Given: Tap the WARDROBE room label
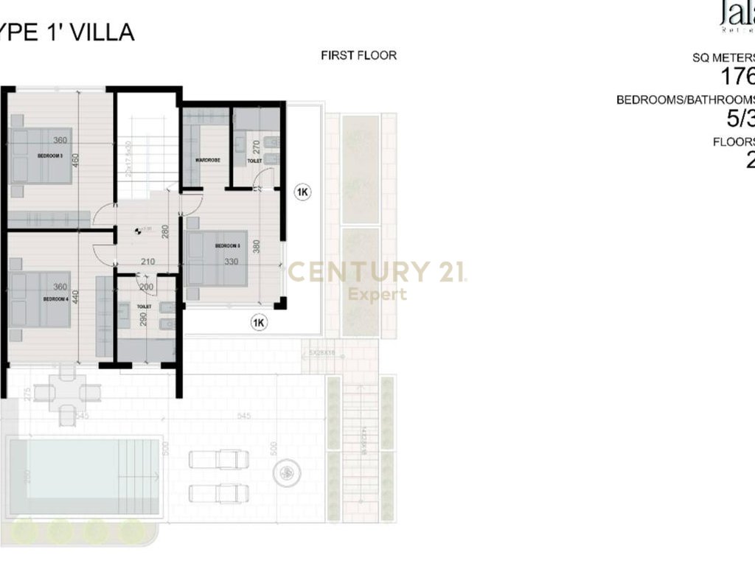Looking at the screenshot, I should pyautogui.click(x=204, y=159).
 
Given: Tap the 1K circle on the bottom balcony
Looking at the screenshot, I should pyautogui.click(x=258, y=322).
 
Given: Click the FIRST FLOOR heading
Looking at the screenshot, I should pyautogui.click(x=358, y=55).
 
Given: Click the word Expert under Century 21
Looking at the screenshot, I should pyautogui.click(x=377, y=295).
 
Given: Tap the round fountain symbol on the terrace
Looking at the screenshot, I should pyautogui.click(x=288, y=472).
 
